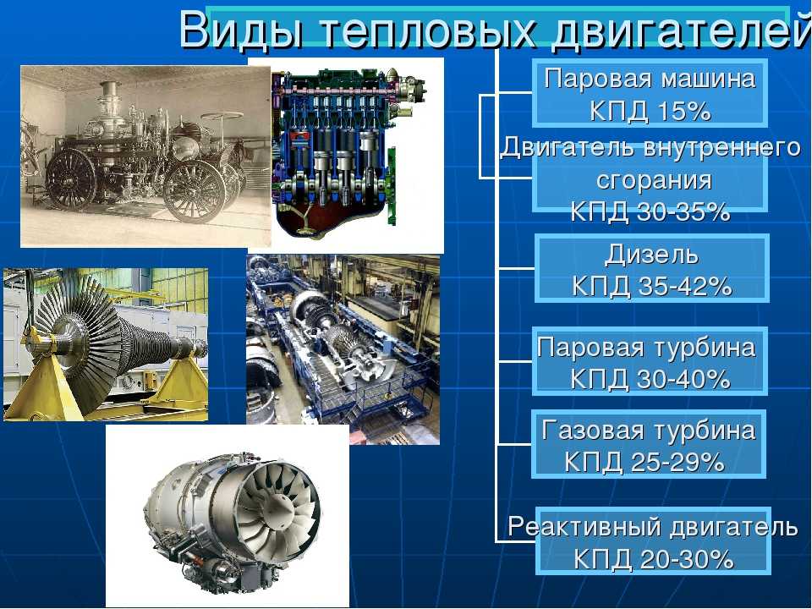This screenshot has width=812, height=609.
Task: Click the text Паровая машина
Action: (x=650, y=79)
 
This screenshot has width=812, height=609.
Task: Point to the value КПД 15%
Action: (x=650, y=111)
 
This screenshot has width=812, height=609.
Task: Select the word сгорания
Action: (x=654, y=181)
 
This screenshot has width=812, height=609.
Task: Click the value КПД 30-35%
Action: (x=650, y=211)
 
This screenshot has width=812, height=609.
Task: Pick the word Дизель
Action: (x=651, y=255)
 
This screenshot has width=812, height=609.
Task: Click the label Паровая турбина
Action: (x=646, y=348)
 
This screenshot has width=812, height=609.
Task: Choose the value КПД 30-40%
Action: (x=650, y=379)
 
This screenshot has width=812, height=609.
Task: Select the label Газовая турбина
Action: (x=649, y=431)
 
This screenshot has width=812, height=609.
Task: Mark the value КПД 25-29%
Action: (x=645, y=462)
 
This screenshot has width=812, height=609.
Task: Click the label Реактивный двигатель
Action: (x=652, y=527)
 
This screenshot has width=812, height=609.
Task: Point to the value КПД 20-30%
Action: (x=654, y=559)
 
